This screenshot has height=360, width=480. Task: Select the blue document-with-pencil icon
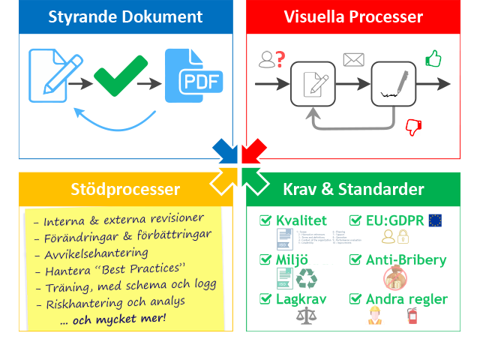pyautogui.click(x=49, y=75)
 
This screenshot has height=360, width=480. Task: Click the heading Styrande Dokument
pyautogui.click(x=125, y=16)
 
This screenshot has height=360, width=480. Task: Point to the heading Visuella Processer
pyautogui.click(x=353, y=16)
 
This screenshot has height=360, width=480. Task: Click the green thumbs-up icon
pyautogui.click(x=433, y=58)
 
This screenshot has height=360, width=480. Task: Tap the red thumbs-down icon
pyautogui.click(x=413, y=127)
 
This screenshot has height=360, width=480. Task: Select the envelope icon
pyautogui.click(x=352, y=59)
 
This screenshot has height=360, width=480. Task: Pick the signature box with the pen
pyautogui.click(x=393, y=83)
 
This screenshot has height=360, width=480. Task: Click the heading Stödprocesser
pyautogui.click(x=125, y=189)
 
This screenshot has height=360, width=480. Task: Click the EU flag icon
pyautogui.click(x=435, y=220)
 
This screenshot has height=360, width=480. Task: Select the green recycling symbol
pyautogui.click(x=307, y=279)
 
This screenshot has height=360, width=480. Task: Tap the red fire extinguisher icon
pyautogui.click(x=411, y=316)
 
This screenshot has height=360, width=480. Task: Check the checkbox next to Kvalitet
pyautogui.click(x=265, y=220)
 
